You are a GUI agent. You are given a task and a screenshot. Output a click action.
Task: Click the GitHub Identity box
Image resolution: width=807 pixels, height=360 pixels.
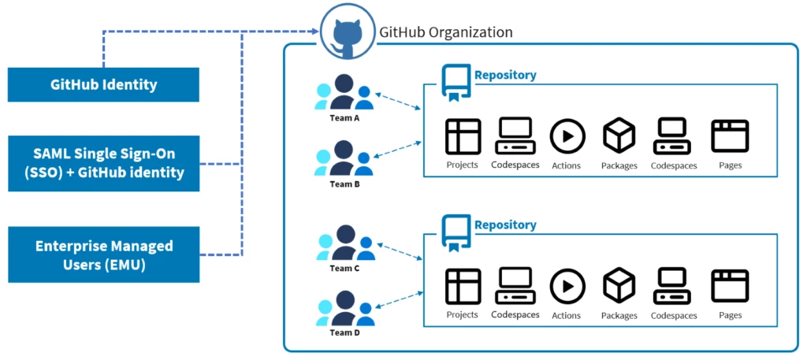pos(103,85)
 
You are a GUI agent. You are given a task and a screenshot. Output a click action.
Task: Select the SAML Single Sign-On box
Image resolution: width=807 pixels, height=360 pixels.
pos(103,164)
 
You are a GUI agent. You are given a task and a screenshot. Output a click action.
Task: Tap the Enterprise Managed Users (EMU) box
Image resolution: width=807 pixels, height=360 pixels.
pos(103,255)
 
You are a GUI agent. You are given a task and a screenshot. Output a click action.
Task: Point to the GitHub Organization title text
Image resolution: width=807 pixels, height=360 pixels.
pos(446,32)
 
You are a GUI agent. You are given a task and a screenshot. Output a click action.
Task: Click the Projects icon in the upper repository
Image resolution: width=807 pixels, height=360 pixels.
pos(463,136)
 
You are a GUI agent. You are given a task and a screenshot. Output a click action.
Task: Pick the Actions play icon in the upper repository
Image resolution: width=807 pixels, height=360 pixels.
pos(566,136)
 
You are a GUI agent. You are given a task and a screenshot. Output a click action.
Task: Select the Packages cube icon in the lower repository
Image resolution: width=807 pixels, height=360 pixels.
pos(619,285)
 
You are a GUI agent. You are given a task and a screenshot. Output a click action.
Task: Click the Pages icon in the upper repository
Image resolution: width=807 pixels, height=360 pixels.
pos(730,136)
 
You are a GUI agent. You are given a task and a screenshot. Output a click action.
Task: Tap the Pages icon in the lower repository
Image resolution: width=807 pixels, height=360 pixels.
pos(730,285)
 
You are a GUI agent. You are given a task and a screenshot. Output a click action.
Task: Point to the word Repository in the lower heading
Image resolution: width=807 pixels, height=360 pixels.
pos(505,225)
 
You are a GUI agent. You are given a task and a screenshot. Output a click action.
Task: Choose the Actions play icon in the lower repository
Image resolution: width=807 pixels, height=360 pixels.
pos(566,285)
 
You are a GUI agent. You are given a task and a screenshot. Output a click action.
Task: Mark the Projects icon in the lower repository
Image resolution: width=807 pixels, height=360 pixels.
pos(463,285)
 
